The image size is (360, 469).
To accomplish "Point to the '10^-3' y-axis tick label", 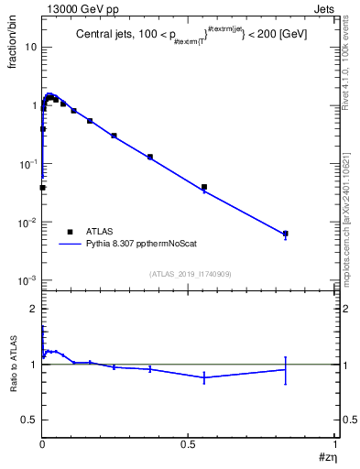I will point(27,281).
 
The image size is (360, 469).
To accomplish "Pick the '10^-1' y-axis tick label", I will point(27,164).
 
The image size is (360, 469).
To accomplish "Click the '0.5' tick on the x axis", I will point(189,443).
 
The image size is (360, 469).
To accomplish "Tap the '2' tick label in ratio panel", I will point(33,309).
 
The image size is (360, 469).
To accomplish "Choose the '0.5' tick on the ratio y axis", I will point(29,420).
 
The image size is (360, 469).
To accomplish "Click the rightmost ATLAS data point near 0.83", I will point(286,234).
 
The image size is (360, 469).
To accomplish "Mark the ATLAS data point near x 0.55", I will point(204,187).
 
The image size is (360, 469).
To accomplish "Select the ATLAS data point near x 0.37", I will point(150,157).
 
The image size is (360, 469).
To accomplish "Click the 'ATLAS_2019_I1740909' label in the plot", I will point(189,274).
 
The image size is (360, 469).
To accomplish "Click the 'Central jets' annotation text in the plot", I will point(105,35).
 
